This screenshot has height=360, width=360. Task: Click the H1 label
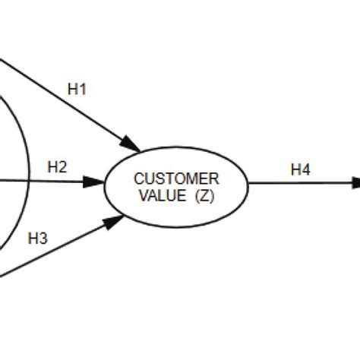pyautogui.click(x=77, y=90)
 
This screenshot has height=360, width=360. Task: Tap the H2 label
pyautogui.click(x=58, y=166)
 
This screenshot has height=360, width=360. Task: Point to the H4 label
pyautogui.click(x=301, y=170)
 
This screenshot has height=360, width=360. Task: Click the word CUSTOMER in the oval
pyautogui.click(x=176, y=179)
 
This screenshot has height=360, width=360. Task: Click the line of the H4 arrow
pyautogui.click(x=296, y=182)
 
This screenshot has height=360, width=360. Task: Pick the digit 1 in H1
pyautogui.click(x=82, y=90)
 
